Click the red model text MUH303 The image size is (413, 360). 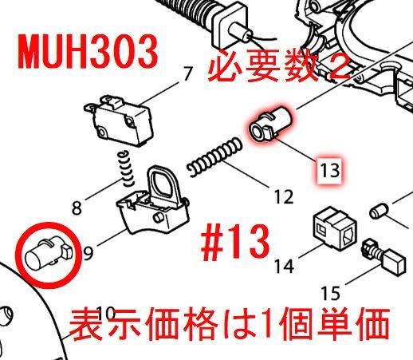[x=88, y=52]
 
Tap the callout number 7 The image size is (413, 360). [x=187, y=73]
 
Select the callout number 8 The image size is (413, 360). [x=77, y=208]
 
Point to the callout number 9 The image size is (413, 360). [x=88, y=253]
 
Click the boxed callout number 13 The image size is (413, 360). [x=330, y=170]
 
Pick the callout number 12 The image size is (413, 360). [x=284, y=197]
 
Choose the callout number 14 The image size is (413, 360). [x=284, y=266]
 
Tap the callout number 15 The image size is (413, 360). [x=330, y=293]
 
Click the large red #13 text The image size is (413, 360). [x=235, y=242]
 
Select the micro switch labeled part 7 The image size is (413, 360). [x=119, y=121]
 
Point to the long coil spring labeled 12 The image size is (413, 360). [x=214, y=156]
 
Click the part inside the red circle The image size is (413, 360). [x=48, y=255]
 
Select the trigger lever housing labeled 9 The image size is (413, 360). [x=152, y=203]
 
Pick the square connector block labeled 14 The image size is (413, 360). [x=335, y=227]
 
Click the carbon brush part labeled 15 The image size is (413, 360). [x=383, y=256]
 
